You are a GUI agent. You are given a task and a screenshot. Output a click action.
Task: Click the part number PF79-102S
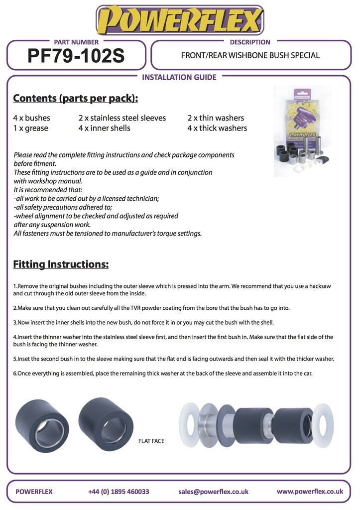pyautogui.click(x=76, y=56)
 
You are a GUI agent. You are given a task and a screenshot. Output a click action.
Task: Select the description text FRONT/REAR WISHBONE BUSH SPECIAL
pyautogui.click(x=250, y=55)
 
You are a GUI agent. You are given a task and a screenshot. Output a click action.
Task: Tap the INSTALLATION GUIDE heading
pyautogui.click(x=179, y=77)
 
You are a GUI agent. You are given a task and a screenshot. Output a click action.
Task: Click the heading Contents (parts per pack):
pyautogui.click(x=75, y=98)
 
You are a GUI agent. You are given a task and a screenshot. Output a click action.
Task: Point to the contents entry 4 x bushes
pyautogui.click(x=31, y=118)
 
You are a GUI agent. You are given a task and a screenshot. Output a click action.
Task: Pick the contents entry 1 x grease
pyautogui.click(x=30, y=128)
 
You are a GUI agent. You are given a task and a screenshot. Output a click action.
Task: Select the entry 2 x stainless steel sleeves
pyautogui.click(x=122, y=118)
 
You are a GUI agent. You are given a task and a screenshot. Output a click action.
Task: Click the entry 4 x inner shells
pyautogui.click(x=104, y=128)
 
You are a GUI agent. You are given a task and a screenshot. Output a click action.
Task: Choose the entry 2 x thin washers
pyautogui.click(x=216, y=118)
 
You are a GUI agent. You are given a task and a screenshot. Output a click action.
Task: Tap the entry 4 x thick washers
pyautogui.click(x=217, y=128)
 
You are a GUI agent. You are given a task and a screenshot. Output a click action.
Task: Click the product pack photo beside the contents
pyautogui.click(x=302, y=131)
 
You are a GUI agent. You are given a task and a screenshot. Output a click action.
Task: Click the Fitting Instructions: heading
pyautogui.click(x=61, y=264)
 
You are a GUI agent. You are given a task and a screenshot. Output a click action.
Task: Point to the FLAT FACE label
pyautogui.click(x=151, y=441)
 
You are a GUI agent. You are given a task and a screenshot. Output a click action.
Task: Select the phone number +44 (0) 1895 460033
pyautogui.click(x=119, y=492)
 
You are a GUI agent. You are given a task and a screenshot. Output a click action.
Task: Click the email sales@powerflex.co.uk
pyautogui.click(x=213, y=492)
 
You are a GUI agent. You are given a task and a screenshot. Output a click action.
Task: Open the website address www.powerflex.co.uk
pyautogui.click(x=310, y=491)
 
